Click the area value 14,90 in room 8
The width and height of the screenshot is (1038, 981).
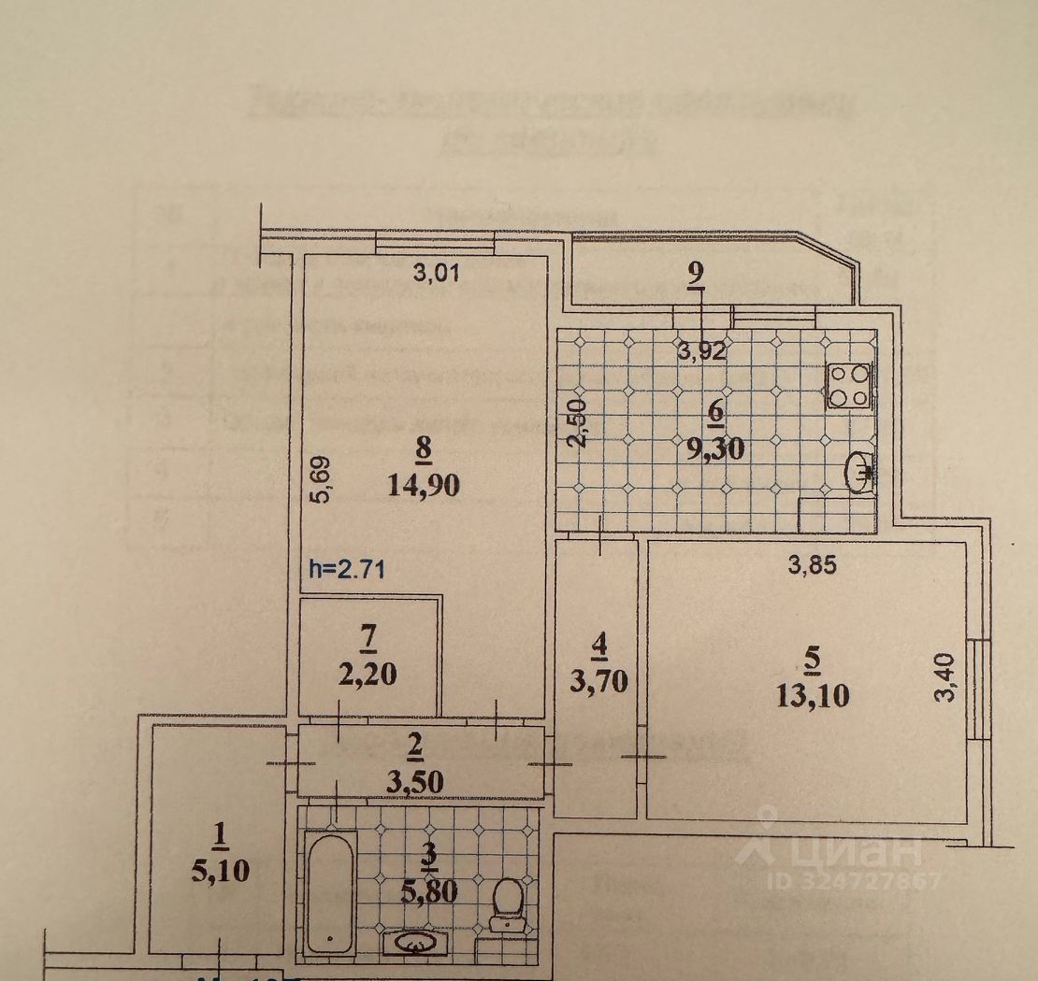[423, 486]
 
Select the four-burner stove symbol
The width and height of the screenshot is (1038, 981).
[849, 385]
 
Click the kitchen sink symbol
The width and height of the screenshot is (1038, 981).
[858, 473]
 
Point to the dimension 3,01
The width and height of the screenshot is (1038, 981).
[438, 274]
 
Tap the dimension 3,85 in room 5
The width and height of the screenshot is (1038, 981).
[810, 563]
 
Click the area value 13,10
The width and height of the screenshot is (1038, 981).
[812, 695]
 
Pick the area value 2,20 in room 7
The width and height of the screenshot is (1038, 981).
[368, 675]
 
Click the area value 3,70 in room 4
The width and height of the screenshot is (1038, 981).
[598, 680]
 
